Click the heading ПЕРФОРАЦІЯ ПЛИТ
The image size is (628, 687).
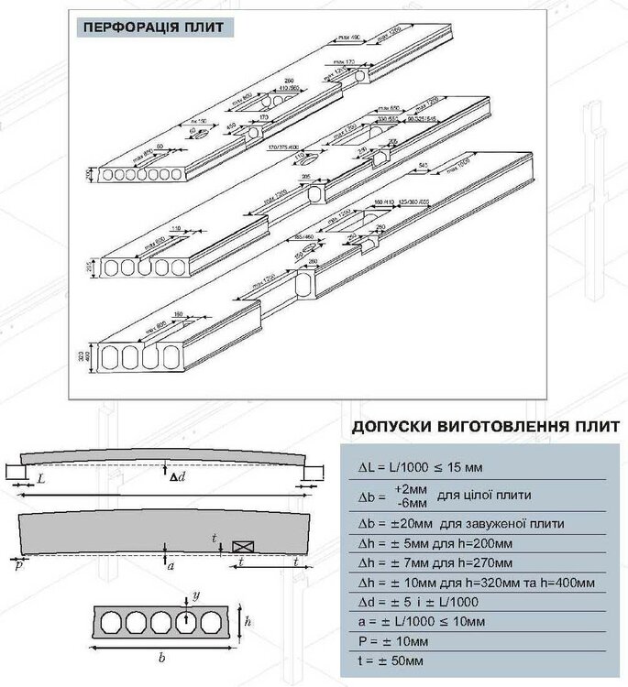coord(152,26)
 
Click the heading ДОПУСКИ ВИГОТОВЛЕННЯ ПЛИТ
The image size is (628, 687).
coord(477,428)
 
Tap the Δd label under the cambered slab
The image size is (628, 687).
coord(176,475)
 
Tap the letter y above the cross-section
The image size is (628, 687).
coord(196,594)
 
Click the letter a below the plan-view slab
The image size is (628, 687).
coord(171,566)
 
